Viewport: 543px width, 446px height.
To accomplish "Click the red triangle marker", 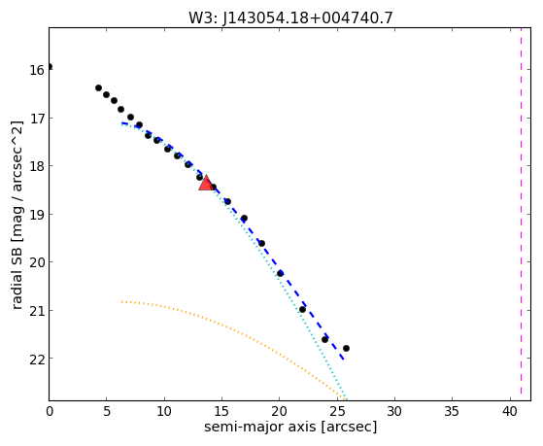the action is pos(206,183).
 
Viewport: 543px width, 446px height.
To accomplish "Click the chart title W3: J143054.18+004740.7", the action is pos(290,17).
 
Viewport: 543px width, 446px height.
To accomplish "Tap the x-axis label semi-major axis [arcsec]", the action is pos(290,427).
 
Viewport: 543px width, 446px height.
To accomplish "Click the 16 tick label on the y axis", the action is pos(36,71).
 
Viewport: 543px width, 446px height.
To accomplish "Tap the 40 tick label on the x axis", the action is pos(509,411).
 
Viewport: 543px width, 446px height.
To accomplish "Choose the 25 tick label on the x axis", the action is pos(337,411).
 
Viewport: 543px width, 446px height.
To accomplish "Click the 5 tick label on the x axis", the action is pos(107,411).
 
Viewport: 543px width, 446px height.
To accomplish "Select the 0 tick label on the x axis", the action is pos(50,411).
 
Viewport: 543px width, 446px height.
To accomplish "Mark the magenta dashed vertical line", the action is pos(521,214).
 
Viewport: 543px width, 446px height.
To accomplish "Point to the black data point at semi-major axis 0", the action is pos(50,66).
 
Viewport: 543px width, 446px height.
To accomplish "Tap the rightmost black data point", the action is pos(346,348).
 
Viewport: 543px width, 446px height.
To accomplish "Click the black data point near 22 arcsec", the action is pos(302,309).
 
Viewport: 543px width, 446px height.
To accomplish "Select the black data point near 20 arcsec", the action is pos(280,273).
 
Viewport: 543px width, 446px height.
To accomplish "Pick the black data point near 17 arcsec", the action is pos(244,219).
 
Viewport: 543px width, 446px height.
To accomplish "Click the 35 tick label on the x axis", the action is pos(452,411).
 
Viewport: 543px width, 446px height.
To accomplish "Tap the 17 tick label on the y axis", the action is pos(36,120).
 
